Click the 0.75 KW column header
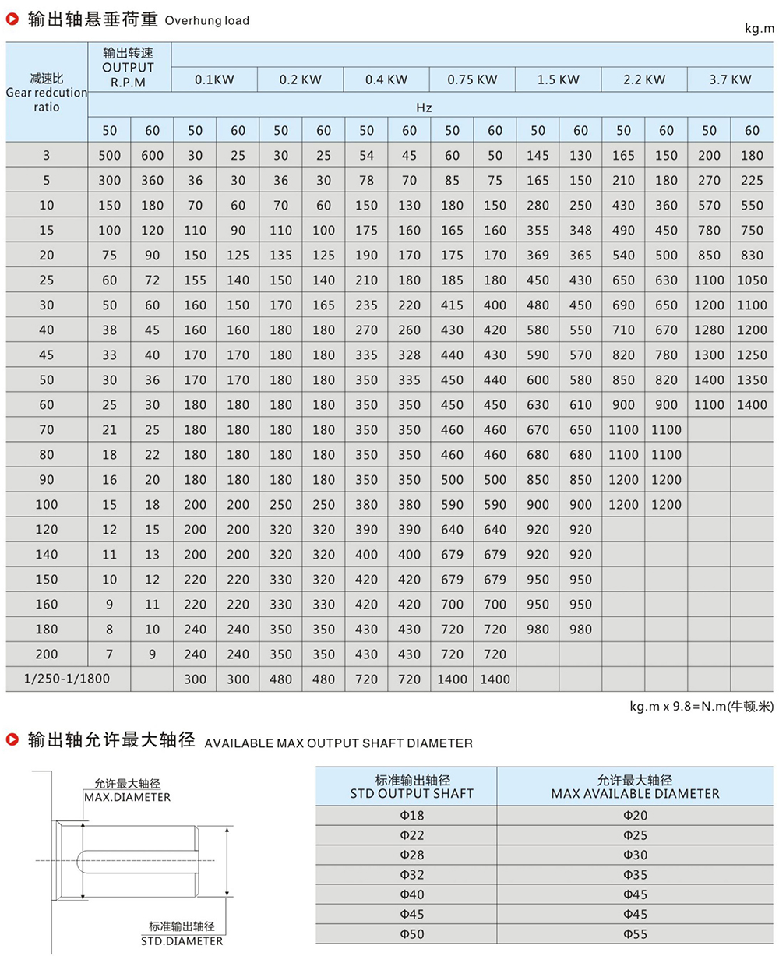(x=473, y=79)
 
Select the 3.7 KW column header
(x=730, y=79)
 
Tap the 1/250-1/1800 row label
(x=67, y=679)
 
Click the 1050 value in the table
(x=752, y=280)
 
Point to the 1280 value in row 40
(x=709, y=330)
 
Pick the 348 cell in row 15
(x=580, y=230)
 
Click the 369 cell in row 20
(x=538, y=255)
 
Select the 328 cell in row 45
(x=409, y=355)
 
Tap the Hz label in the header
(x=424, y=107)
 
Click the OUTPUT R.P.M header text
(x=129, y=68)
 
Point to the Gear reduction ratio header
(x=47, y=93)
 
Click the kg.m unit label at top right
(x=759, y=29)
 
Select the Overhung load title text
(x=207, y=20)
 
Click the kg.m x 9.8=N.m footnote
(x=702, y=707)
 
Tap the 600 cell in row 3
(x=153, y=155)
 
